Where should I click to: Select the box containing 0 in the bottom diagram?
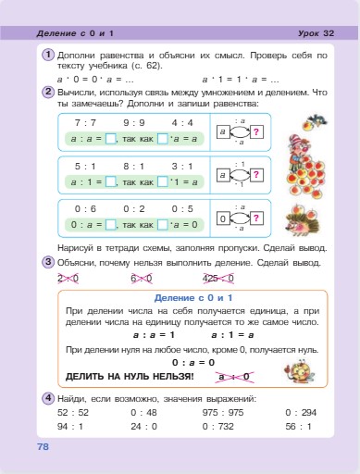[x=222, y=219]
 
